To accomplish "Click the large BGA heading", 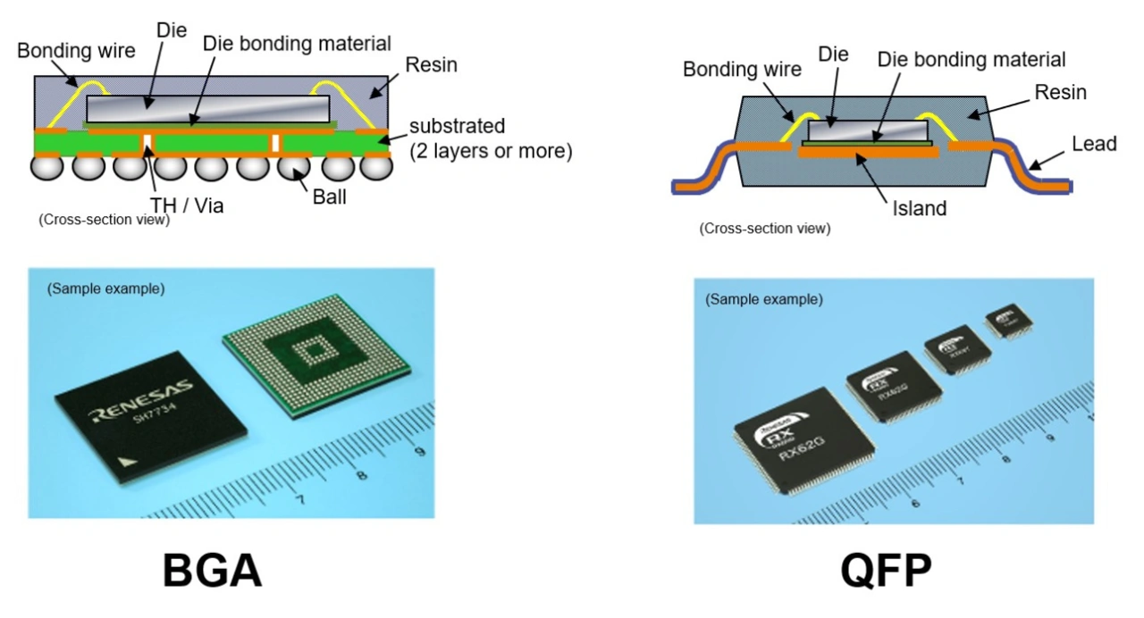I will [x=212, y=571].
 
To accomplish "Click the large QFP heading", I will [x=886, y=571].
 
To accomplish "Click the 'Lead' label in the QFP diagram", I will [x=1093, y=143].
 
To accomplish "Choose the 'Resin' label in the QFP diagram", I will [x=1061, y=92].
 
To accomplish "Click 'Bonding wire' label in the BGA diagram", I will [x=77, y=50].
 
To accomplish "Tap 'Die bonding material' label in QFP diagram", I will [x=972, y=60].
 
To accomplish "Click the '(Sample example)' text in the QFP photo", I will [x=764, y=299].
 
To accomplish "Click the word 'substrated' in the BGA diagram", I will [x=458, y=125].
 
